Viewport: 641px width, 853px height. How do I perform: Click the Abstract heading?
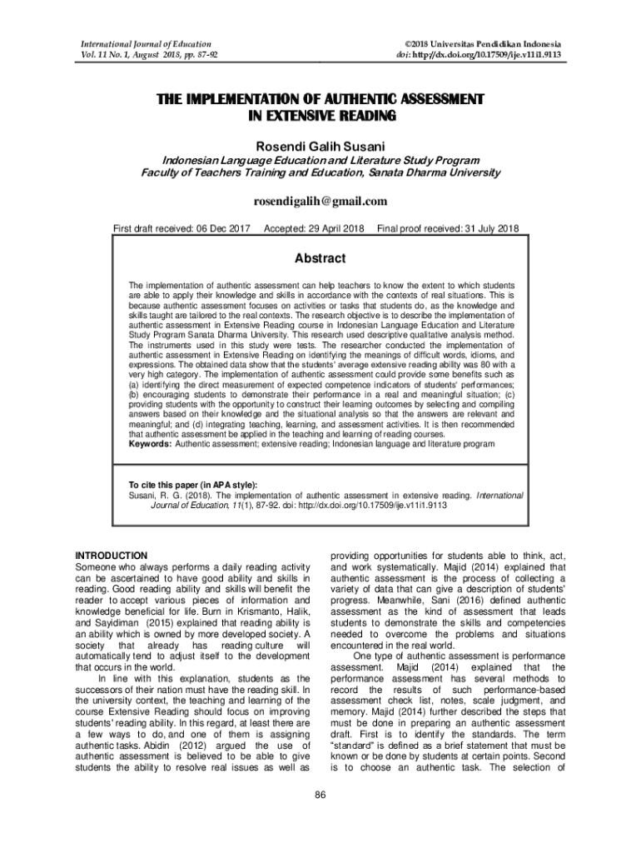(x=320, y=258)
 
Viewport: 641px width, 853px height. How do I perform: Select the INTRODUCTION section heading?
(x=112, y=555)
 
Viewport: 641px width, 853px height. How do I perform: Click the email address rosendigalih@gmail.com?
(x=320, y=201)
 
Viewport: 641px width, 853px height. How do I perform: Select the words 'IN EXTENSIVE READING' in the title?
(x=320, y=116)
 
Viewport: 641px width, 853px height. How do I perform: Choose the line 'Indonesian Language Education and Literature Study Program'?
(x=320, y=161)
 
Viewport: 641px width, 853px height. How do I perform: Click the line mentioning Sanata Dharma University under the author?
(x=320, y=173)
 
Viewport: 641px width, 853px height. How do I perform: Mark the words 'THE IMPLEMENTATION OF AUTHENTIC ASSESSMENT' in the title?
(x=320, y=100)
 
